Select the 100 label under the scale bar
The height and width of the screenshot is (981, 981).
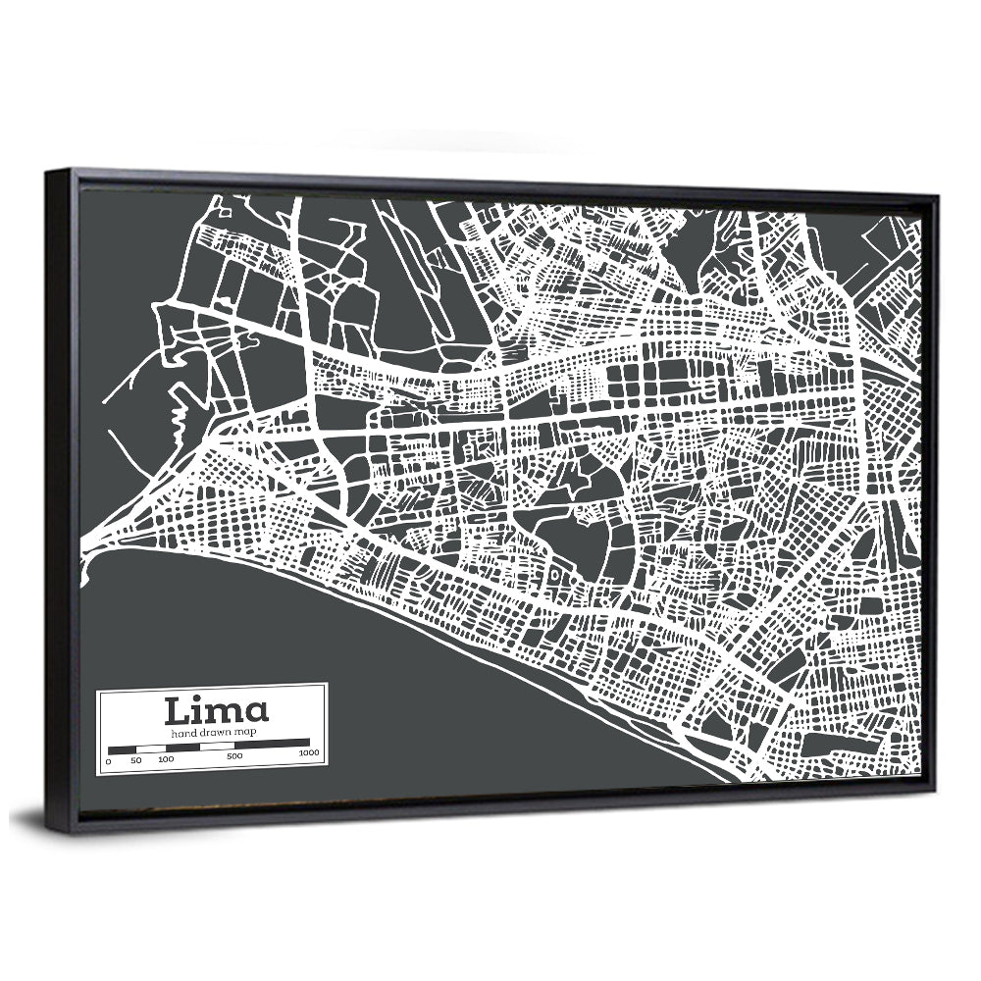pyautogui.click(x=165, y=758)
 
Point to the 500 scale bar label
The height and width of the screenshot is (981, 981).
pyautogui.click(x=233, y=756)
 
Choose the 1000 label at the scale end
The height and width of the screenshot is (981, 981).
pyautogui.click(x=308, y=753)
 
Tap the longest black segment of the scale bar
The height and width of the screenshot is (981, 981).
pyautogui.click(x=273, y=744)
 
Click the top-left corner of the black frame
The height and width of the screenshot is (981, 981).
pyautogui.click(x=47, y=172)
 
